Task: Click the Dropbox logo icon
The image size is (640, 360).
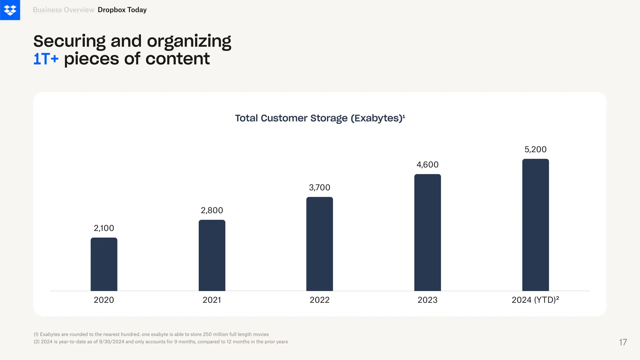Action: [10, 10]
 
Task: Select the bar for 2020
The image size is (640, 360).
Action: [104, 264]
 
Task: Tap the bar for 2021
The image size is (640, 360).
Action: [212, 255]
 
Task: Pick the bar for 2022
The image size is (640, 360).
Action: [319, 244]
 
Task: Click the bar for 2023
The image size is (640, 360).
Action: [427, 232]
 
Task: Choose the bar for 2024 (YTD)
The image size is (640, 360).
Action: [535, 225]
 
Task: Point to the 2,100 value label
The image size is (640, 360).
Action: [104, 228]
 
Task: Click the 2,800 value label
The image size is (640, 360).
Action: [212, 210]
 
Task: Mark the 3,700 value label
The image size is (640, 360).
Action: [319, 187]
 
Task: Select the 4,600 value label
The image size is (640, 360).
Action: [427, 165]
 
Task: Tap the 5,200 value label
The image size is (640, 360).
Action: [535, 149]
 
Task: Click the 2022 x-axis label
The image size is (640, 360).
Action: [319, 300]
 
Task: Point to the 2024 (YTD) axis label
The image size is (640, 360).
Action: [535, 300]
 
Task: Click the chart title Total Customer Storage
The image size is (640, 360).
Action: [319, 118]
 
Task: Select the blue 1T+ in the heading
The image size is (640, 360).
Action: [46, 59]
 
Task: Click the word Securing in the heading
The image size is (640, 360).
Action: [69, 41]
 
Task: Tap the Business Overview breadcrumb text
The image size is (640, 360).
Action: [63, 10]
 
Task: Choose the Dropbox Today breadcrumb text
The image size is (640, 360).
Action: [122, 10]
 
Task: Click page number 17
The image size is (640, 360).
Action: [623, 342]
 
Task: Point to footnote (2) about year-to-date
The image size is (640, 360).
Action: [161, 342]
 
